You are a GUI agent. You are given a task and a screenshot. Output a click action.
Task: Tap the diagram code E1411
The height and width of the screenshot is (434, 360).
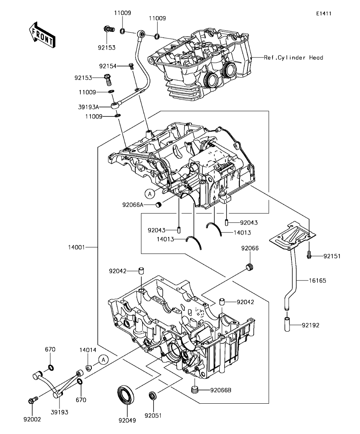[x=324, y=13]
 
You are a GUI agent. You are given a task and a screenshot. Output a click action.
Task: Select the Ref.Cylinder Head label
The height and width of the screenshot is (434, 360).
[x=293, y=57]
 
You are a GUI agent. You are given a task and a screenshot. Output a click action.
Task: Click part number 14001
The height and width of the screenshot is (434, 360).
[x=76, y=247]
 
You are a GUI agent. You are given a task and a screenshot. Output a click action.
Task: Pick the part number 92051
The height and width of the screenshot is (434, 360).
[x=153, y=416]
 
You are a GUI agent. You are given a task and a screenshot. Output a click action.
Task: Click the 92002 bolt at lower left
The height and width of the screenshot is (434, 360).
[x=32, y=400]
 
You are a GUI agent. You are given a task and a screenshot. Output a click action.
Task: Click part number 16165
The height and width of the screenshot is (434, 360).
[x=317, y=281]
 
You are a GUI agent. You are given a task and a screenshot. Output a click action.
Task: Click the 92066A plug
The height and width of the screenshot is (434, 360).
[x=159, y=205]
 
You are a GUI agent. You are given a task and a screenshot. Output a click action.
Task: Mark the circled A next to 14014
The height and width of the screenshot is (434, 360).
[x=103, y=360]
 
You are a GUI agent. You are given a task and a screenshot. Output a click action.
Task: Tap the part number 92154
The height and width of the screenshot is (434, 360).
[x=108, y=66]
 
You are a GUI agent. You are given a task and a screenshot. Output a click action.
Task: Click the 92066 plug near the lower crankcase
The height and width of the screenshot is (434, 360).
[x=250, y=267]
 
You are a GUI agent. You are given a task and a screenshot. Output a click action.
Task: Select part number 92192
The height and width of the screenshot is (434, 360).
[x=311, y=325]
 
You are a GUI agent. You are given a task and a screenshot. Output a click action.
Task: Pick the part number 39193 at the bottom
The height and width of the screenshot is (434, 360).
[x=59, y=412]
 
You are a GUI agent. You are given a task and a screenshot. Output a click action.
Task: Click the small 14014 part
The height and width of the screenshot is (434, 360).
[x=88, y=368]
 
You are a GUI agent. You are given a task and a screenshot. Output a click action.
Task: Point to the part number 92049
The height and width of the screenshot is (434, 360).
[x=127, y=421]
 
